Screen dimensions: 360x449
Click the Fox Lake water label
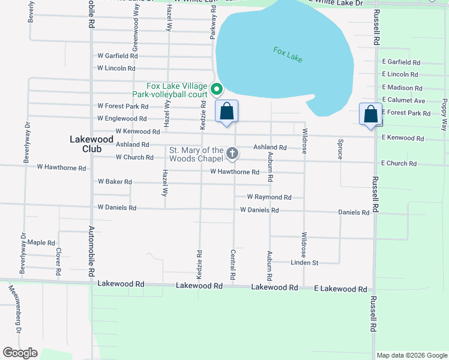[288, 55]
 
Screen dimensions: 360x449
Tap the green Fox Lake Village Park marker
[217, 91]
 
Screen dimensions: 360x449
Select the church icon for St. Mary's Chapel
[232, 154]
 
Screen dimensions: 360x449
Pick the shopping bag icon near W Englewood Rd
[226, 112]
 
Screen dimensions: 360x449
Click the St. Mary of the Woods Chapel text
[196, 154]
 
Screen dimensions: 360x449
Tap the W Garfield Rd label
[118, 56]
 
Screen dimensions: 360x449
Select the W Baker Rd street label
[115, 181]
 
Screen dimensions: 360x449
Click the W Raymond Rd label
[269, 197]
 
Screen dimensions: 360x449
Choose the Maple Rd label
[41, 242]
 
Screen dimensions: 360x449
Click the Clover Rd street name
[58, 262]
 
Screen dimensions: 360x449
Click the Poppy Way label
[444, 115]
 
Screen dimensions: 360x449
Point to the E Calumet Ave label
[403, 100]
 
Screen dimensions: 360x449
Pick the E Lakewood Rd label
[340, 289]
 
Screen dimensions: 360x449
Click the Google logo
[20, 353]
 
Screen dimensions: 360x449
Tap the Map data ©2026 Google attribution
[411, 355]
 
